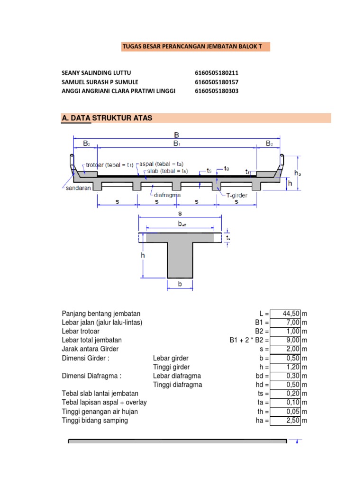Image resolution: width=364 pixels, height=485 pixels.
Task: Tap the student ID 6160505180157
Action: [217, 82]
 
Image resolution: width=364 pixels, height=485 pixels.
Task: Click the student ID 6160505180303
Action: [217, 91]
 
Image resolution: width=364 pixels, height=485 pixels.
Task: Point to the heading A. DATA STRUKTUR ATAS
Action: [107, 118]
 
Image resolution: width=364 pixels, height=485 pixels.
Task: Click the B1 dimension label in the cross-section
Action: [176, 143]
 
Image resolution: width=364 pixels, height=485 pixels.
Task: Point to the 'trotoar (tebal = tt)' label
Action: [109, 165]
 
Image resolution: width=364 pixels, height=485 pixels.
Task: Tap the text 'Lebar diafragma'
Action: [177, 376]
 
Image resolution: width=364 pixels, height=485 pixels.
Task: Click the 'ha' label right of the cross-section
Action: [298, 173]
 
